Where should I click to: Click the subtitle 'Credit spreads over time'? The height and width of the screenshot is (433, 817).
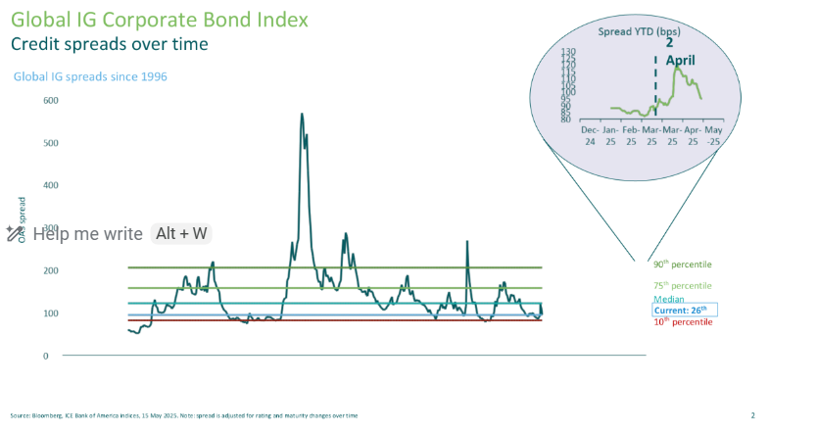[109, 44]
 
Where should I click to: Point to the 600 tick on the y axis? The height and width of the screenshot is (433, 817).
[51, 100]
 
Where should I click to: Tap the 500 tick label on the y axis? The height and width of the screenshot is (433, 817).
[51, 143]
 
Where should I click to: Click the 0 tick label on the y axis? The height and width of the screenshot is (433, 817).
[46, 356]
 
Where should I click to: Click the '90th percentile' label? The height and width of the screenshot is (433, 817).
[682, 265]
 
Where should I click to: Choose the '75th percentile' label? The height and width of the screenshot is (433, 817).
[682, 285]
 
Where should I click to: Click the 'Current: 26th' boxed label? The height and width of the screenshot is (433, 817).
[685, 311]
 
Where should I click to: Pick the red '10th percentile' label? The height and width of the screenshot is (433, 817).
[682, 322]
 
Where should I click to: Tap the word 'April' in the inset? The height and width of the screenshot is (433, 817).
[681, 61]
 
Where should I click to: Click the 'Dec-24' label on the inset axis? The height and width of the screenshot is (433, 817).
[590, 134]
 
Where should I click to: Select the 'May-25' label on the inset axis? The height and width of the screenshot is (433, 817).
[712, 134]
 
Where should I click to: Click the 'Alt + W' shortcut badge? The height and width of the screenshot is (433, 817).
[181, 233]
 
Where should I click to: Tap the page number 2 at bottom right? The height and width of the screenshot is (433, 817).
[752, 415]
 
